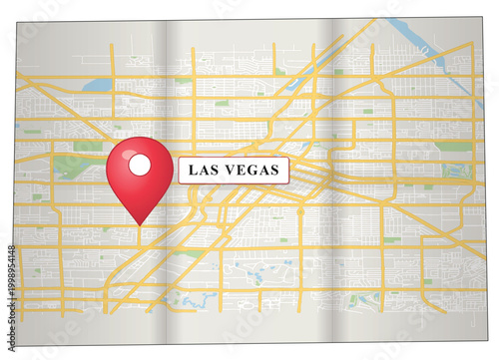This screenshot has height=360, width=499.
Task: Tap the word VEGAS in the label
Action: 253,171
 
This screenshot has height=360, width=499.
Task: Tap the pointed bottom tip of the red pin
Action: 140,224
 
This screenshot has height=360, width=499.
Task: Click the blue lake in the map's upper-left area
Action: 97,86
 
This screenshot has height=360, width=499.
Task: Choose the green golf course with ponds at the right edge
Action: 457,170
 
